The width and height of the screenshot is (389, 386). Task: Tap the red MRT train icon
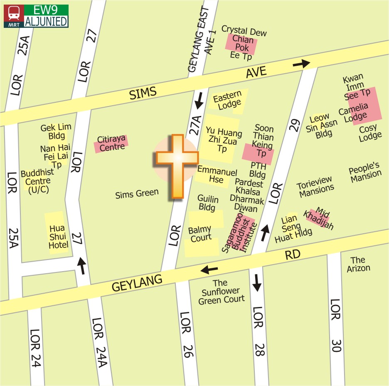[14, 16]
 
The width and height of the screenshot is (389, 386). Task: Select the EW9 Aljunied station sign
[46, 16]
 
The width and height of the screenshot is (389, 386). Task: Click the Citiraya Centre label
[111, 143]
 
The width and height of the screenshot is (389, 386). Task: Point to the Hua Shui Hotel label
[58, 237]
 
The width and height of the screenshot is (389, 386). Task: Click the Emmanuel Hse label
[217, 175]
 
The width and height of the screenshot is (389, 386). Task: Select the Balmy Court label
[200, 234]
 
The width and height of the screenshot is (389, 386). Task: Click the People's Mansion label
[365, 172]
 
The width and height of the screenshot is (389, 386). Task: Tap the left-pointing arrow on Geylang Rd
[209, 270]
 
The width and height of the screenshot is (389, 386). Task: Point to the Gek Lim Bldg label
[56, 131]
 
